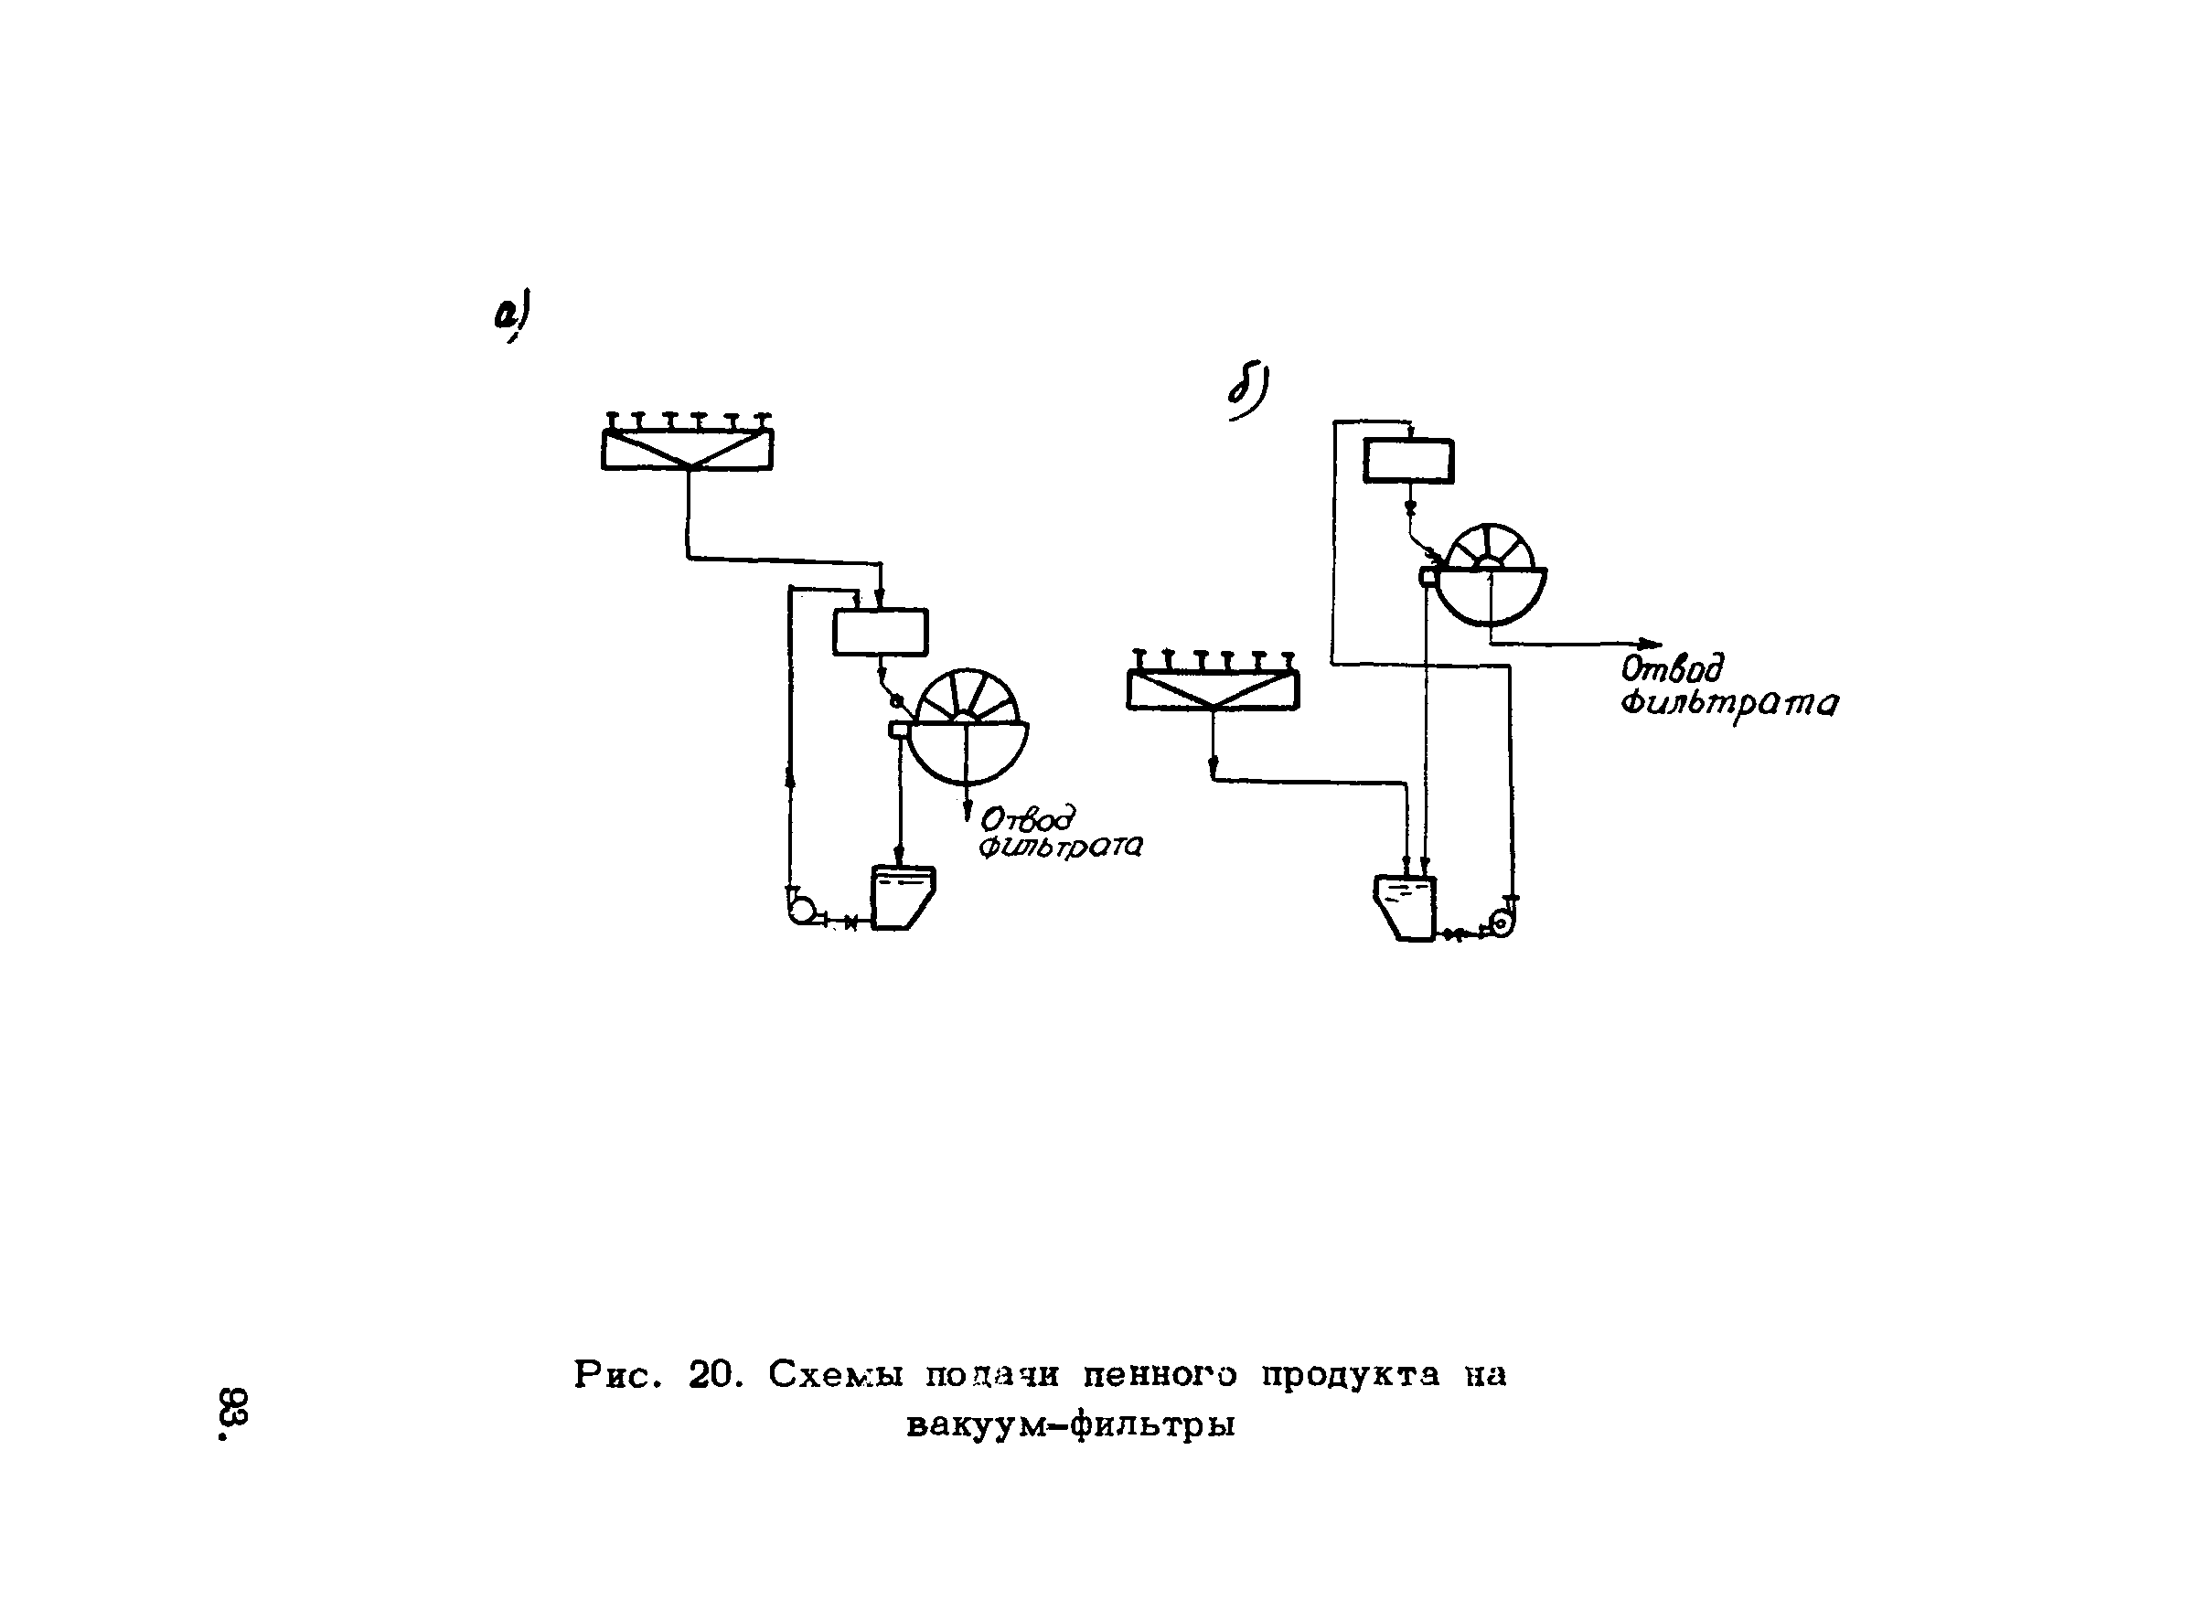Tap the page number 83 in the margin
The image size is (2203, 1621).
click(x=233, y=1412)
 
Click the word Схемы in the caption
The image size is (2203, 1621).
click(x=834, y=1375)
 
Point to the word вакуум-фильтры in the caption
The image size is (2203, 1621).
click(x=1071, y=1424)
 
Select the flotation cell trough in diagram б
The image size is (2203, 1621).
click(x=1213, y=688)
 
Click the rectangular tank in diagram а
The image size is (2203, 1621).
click(x=881, y=632)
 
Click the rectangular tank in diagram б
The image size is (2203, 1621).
click(x=1408, y=460)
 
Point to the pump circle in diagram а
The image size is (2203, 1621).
click(x=801, y=911)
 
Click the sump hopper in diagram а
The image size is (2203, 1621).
click(x=901, y=896)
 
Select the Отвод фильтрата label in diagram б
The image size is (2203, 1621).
click(x=1728, y=687)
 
